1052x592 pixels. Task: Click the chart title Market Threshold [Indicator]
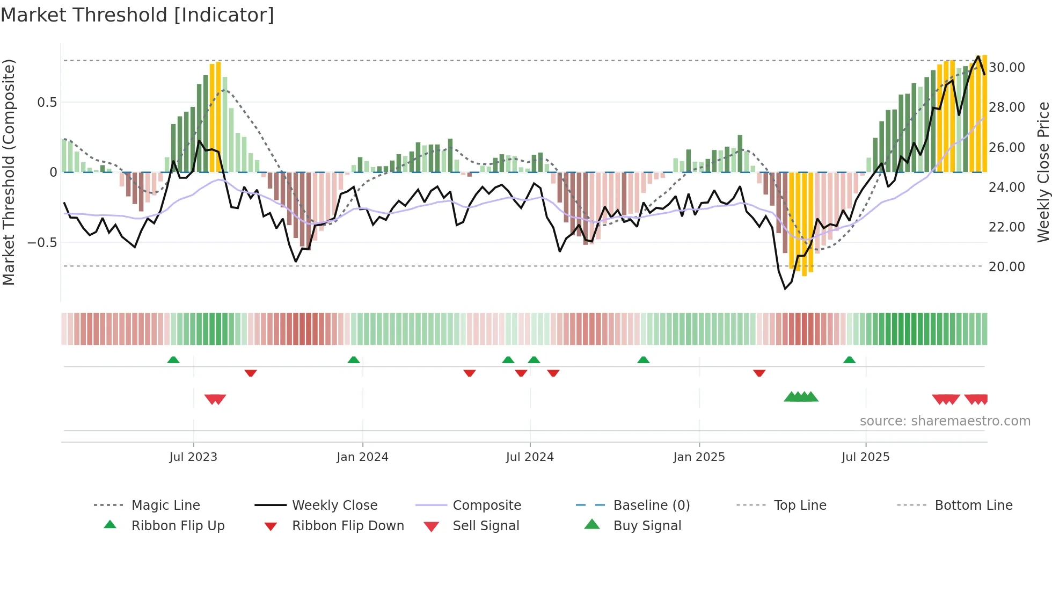click(x=137, y=15)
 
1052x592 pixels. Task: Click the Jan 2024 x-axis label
click(x=362, y=457)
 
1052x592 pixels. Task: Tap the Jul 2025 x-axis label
click(x=865, y=457)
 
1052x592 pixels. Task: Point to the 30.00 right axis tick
click(x=1006, y=68)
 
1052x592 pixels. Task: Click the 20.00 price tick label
click(x=1006, y=267)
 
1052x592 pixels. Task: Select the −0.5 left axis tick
click(x=42, y=243)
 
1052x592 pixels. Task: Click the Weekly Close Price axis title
click(x=1043, y=172)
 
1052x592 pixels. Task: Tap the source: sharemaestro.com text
click(x=945, y=421)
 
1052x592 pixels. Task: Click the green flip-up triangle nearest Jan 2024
click(x=354, y=360)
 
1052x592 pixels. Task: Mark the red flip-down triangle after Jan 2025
click(x=759, y=373)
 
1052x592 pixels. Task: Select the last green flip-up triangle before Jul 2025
click(x=849, y=360)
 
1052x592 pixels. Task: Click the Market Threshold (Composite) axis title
click(x=9, y=172)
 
